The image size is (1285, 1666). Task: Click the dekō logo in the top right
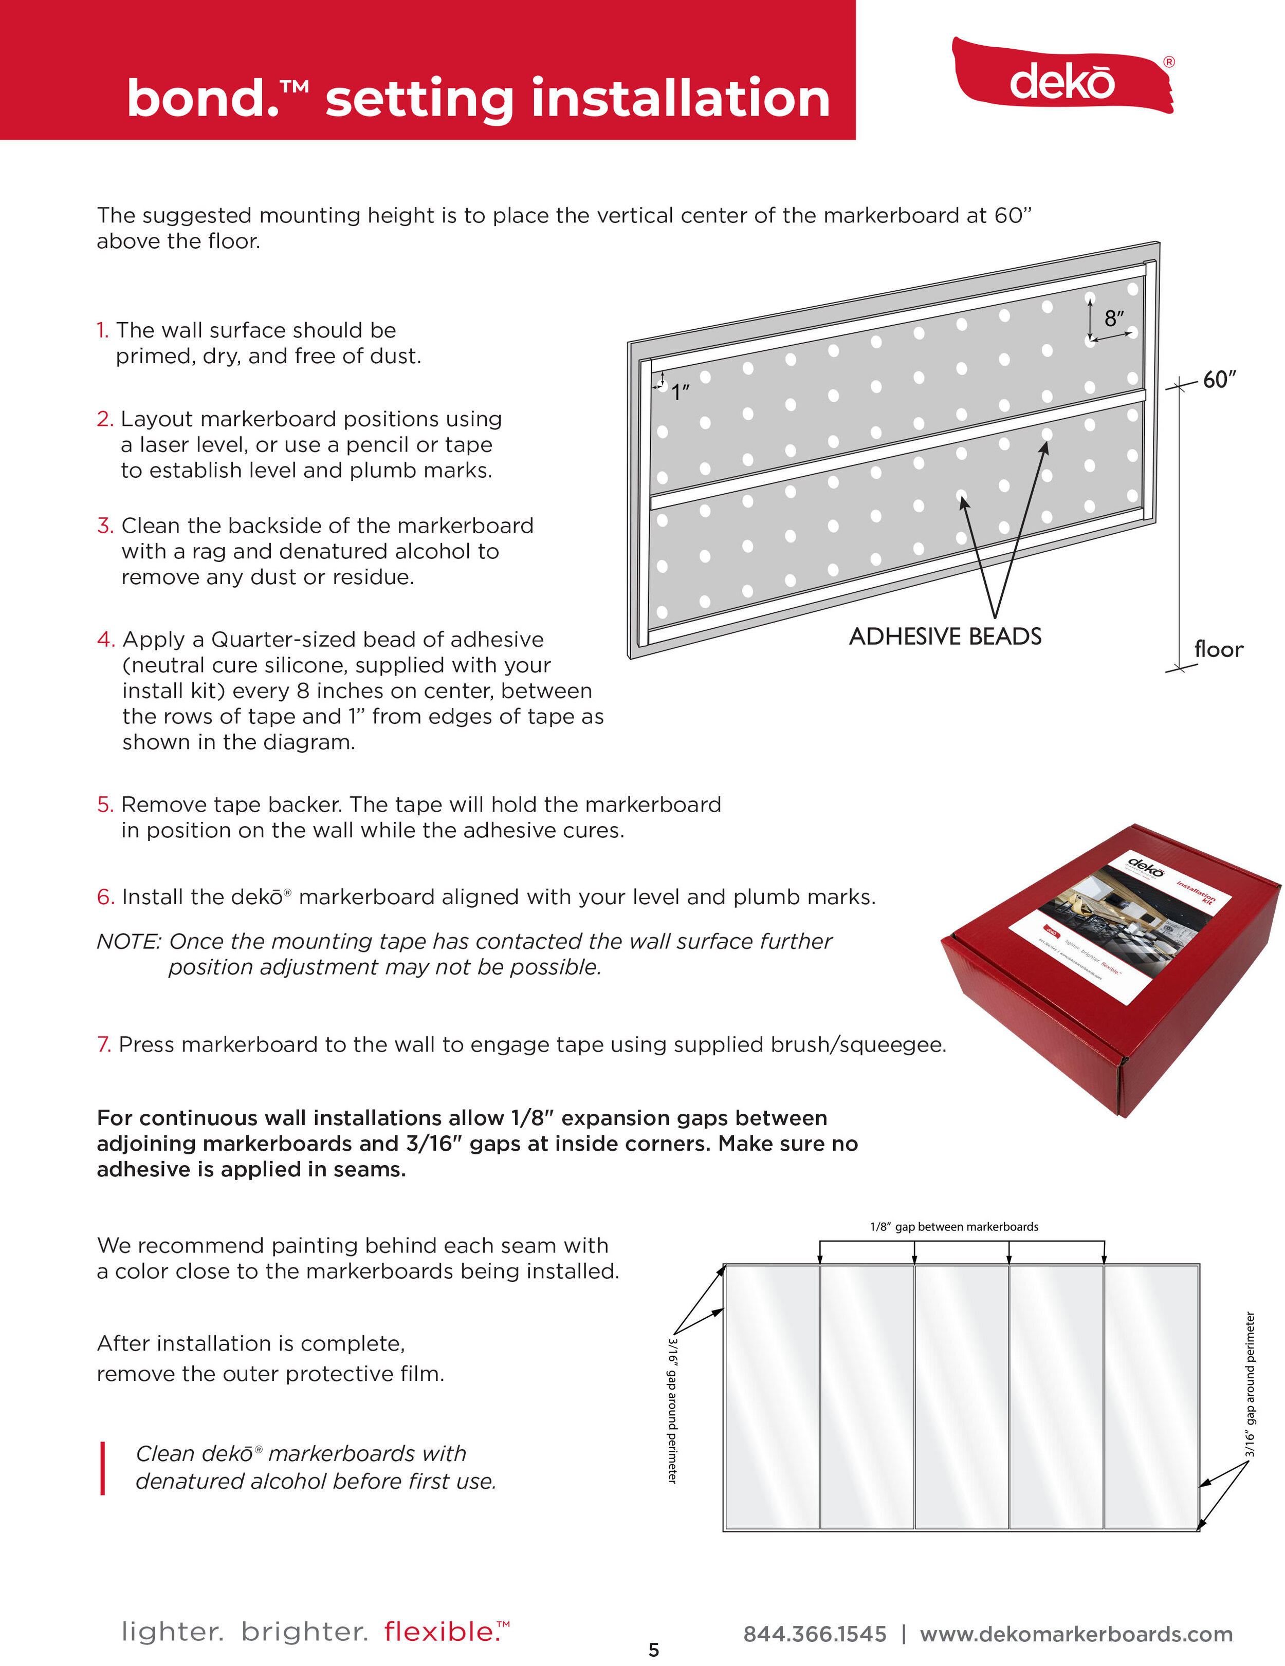[x=1062, y=80]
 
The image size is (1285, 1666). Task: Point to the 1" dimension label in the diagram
[x=680, y=392]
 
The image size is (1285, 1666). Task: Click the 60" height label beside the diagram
[x=1219, y=379]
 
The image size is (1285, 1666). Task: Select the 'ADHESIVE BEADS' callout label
[x=945, y=636]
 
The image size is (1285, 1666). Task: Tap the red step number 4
[x=105, y=639]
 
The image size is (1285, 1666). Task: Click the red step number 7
[x=104, y=1044]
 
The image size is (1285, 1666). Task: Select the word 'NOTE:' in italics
[x=128, y=941]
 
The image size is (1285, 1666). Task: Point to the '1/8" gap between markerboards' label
[x=954, y=1227]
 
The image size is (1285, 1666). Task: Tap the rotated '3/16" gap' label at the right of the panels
[x=1249, y=1384]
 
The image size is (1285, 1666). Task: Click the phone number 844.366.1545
[x=814, y=1634]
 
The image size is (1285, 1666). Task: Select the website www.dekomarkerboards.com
[x=1076, y=1634]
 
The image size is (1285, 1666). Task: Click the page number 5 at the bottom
[x=653, y=1650]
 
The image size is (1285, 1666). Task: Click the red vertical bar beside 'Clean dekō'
[x=102, y=1468]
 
